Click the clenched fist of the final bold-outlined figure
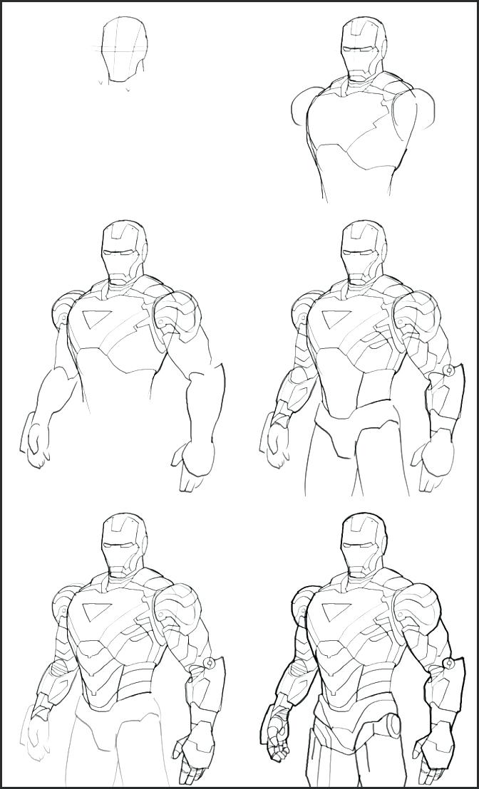click(277, 741)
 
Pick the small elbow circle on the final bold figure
click(449, 664)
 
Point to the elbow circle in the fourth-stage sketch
click(448, 370)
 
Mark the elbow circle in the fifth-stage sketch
click(210, 663)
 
